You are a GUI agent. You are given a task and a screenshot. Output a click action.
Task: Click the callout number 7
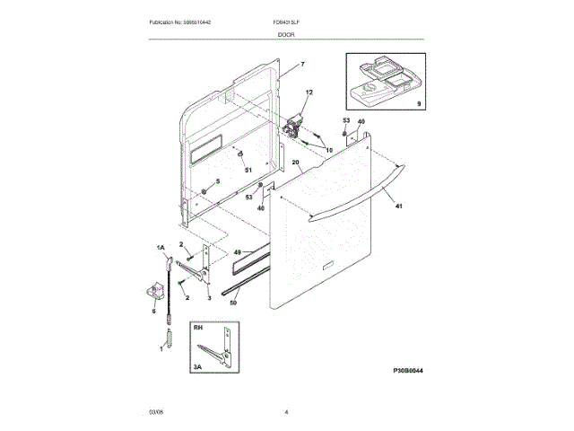click(x=302, y=65)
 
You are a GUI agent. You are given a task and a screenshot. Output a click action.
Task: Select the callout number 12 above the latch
click(x=309, y=93)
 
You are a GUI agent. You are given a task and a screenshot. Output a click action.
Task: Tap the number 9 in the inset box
click(x=417, y=106)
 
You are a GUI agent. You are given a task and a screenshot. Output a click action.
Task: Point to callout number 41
click(x=399, y=207)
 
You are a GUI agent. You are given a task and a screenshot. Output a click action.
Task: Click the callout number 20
click(x=297, y=163)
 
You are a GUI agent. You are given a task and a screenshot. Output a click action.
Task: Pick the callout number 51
click(x=248, y=170)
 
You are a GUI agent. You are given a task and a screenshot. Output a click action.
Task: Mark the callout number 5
click(x=215, y=181)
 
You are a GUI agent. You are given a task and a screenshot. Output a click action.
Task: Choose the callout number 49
click(x=237, y=252)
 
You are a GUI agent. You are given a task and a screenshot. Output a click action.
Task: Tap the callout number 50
click(x=234, y=303)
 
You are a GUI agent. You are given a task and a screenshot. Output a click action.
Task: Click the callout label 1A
click(x=161, y=247)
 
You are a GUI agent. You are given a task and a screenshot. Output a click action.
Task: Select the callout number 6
click(x=153, y=311)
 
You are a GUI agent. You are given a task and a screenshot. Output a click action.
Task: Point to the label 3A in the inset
click(x=198, y=365)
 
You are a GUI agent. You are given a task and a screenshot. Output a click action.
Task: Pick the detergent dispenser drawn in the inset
click(x=381, y=79)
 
